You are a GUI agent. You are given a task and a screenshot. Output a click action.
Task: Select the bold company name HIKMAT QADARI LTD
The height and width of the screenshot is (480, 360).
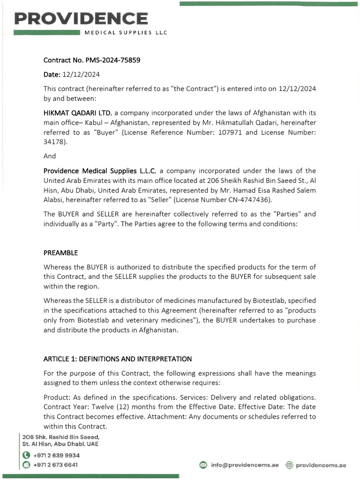point(77,112)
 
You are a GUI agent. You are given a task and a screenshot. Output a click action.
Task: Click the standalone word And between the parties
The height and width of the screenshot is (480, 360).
point(49,156)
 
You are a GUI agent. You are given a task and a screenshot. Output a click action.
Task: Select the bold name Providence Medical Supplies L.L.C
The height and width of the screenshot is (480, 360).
point(103,171)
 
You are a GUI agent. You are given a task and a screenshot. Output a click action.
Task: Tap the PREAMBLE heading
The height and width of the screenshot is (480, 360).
point(60,253)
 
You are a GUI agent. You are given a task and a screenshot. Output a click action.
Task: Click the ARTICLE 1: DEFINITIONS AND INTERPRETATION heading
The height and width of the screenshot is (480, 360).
point(117,359)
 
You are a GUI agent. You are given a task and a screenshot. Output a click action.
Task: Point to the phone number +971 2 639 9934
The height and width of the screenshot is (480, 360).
point(56,455)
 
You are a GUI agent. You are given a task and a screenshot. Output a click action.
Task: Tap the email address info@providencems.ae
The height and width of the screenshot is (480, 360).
point(245,465)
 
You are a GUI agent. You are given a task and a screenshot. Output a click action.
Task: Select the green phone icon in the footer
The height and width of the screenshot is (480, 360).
point(26,455)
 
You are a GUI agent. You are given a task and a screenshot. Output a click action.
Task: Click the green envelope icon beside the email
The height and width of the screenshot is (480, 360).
point(203,465)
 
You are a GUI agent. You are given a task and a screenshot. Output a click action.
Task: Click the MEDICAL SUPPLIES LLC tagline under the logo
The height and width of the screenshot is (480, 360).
point(125,32)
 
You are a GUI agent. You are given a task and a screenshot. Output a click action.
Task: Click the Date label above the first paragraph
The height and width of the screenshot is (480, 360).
point(52,75)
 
